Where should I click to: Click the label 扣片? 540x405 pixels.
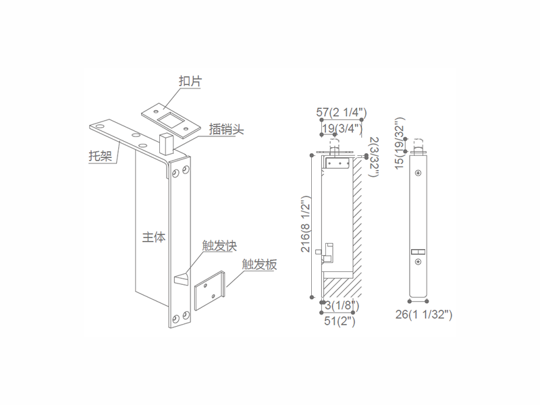click(190, 81)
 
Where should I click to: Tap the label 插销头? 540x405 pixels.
click(226, 129)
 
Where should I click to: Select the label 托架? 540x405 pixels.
click(101, 156)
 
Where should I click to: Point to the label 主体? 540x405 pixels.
click(154, 238)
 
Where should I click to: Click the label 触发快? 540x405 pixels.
click(219, 246)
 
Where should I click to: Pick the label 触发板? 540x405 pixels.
click(259, 265)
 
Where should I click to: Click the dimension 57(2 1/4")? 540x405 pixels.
click(342, 112)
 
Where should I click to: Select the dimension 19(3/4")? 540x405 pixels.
click(342, 128)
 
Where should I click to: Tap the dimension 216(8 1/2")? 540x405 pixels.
click(306, 224)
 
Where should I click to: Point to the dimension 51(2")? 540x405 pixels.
click(340, 321)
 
